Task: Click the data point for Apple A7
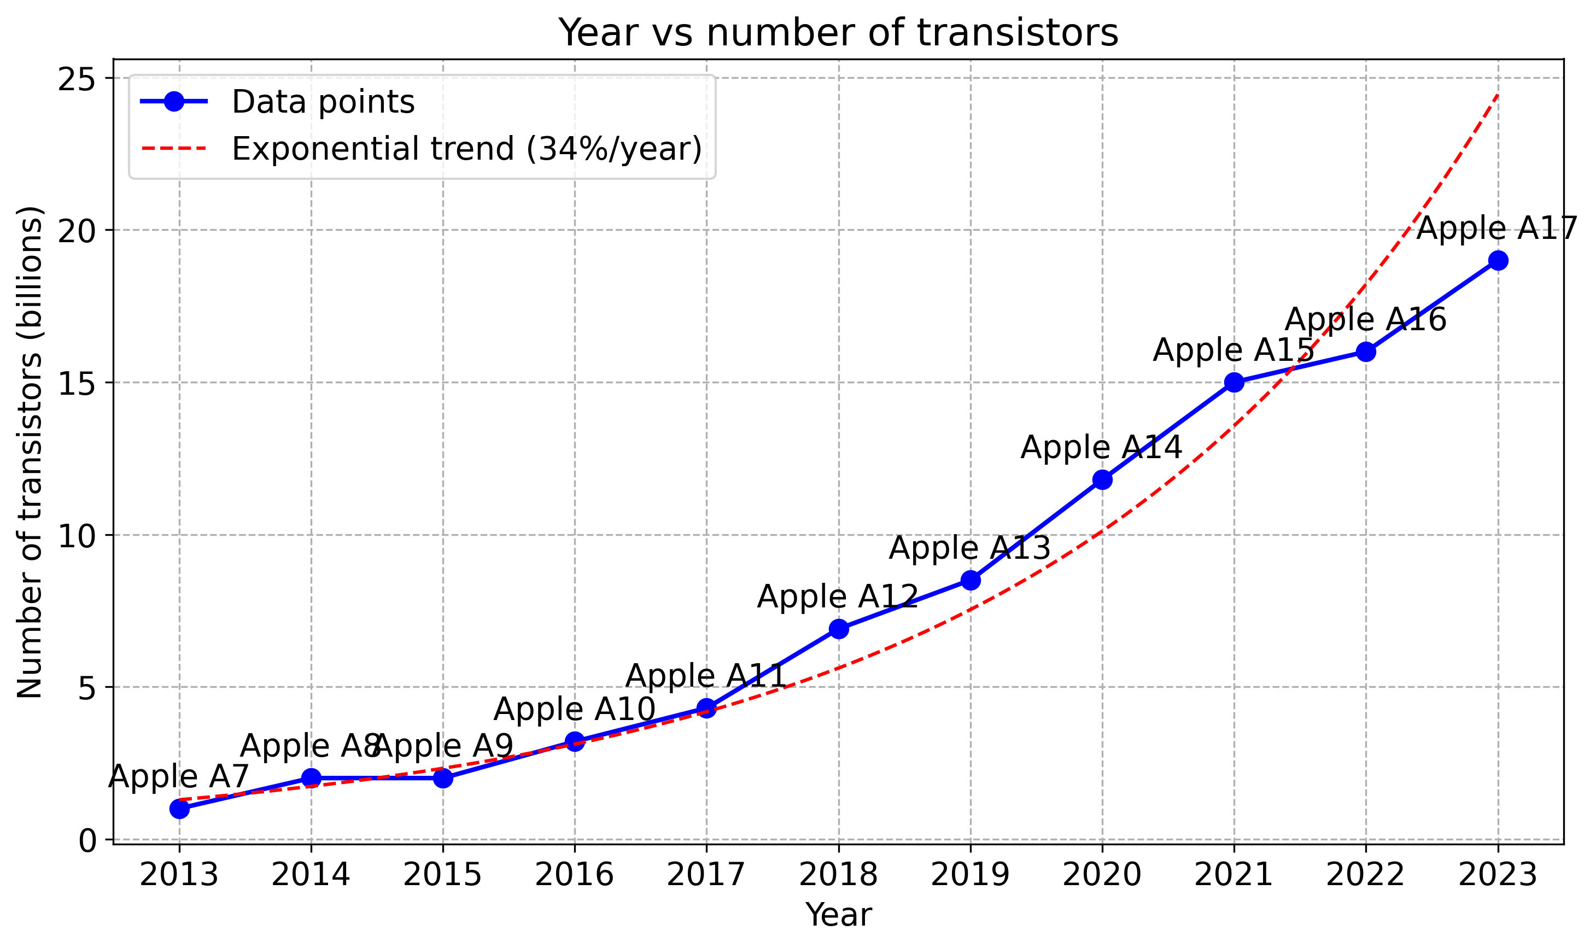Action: tap(179, 809)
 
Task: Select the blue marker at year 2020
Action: tap(1102, 480)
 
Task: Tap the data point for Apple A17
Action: tap(1498, 260)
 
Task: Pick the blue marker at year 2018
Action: tap(839, 629)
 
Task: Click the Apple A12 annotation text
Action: tap(838, 596)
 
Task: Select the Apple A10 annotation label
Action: tap(575, 709)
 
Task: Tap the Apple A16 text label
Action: tap(1365, 319)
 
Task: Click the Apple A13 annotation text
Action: tap(969, 548)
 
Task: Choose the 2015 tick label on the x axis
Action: tap(442, 875)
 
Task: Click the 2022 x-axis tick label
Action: tap(1365, 875)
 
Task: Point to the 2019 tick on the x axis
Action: tap(970, 875)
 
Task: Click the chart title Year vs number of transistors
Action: tap(838, 33)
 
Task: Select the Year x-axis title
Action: tap(838, 915)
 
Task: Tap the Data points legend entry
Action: tap(323, 102)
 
